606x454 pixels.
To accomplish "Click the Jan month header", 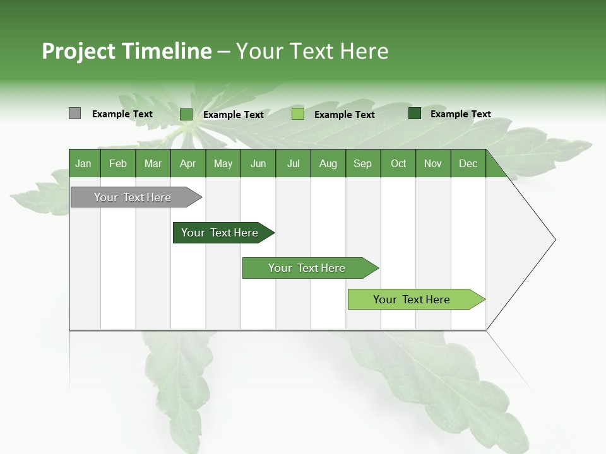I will click(84, 163).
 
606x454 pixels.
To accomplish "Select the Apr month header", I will click(188, 163).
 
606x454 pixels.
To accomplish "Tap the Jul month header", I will click(293, 163).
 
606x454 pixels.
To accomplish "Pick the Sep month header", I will click(363, 163).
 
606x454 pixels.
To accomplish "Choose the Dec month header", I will click(468, 163).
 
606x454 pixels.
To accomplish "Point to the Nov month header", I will click(433, 163).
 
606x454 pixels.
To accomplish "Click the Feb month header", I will click(118, 163).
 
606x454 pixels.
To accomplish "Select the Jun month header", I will click(258, 163).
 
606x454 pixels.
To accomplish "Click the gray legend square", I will click(74, 113).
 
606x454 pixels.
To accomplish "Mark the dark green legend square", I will click(415, 113).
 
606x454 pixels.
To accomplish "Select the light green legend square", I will click(298, 114).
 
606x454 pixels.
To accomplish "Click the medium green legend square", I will click(186, 114).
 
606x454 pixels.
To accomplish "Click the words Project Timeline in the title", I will click(126, 51).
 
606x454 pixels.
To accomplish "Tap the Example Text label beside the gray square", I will click(122, 114).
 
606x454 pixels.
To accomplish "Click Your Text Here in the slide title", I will click(312, 51).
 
